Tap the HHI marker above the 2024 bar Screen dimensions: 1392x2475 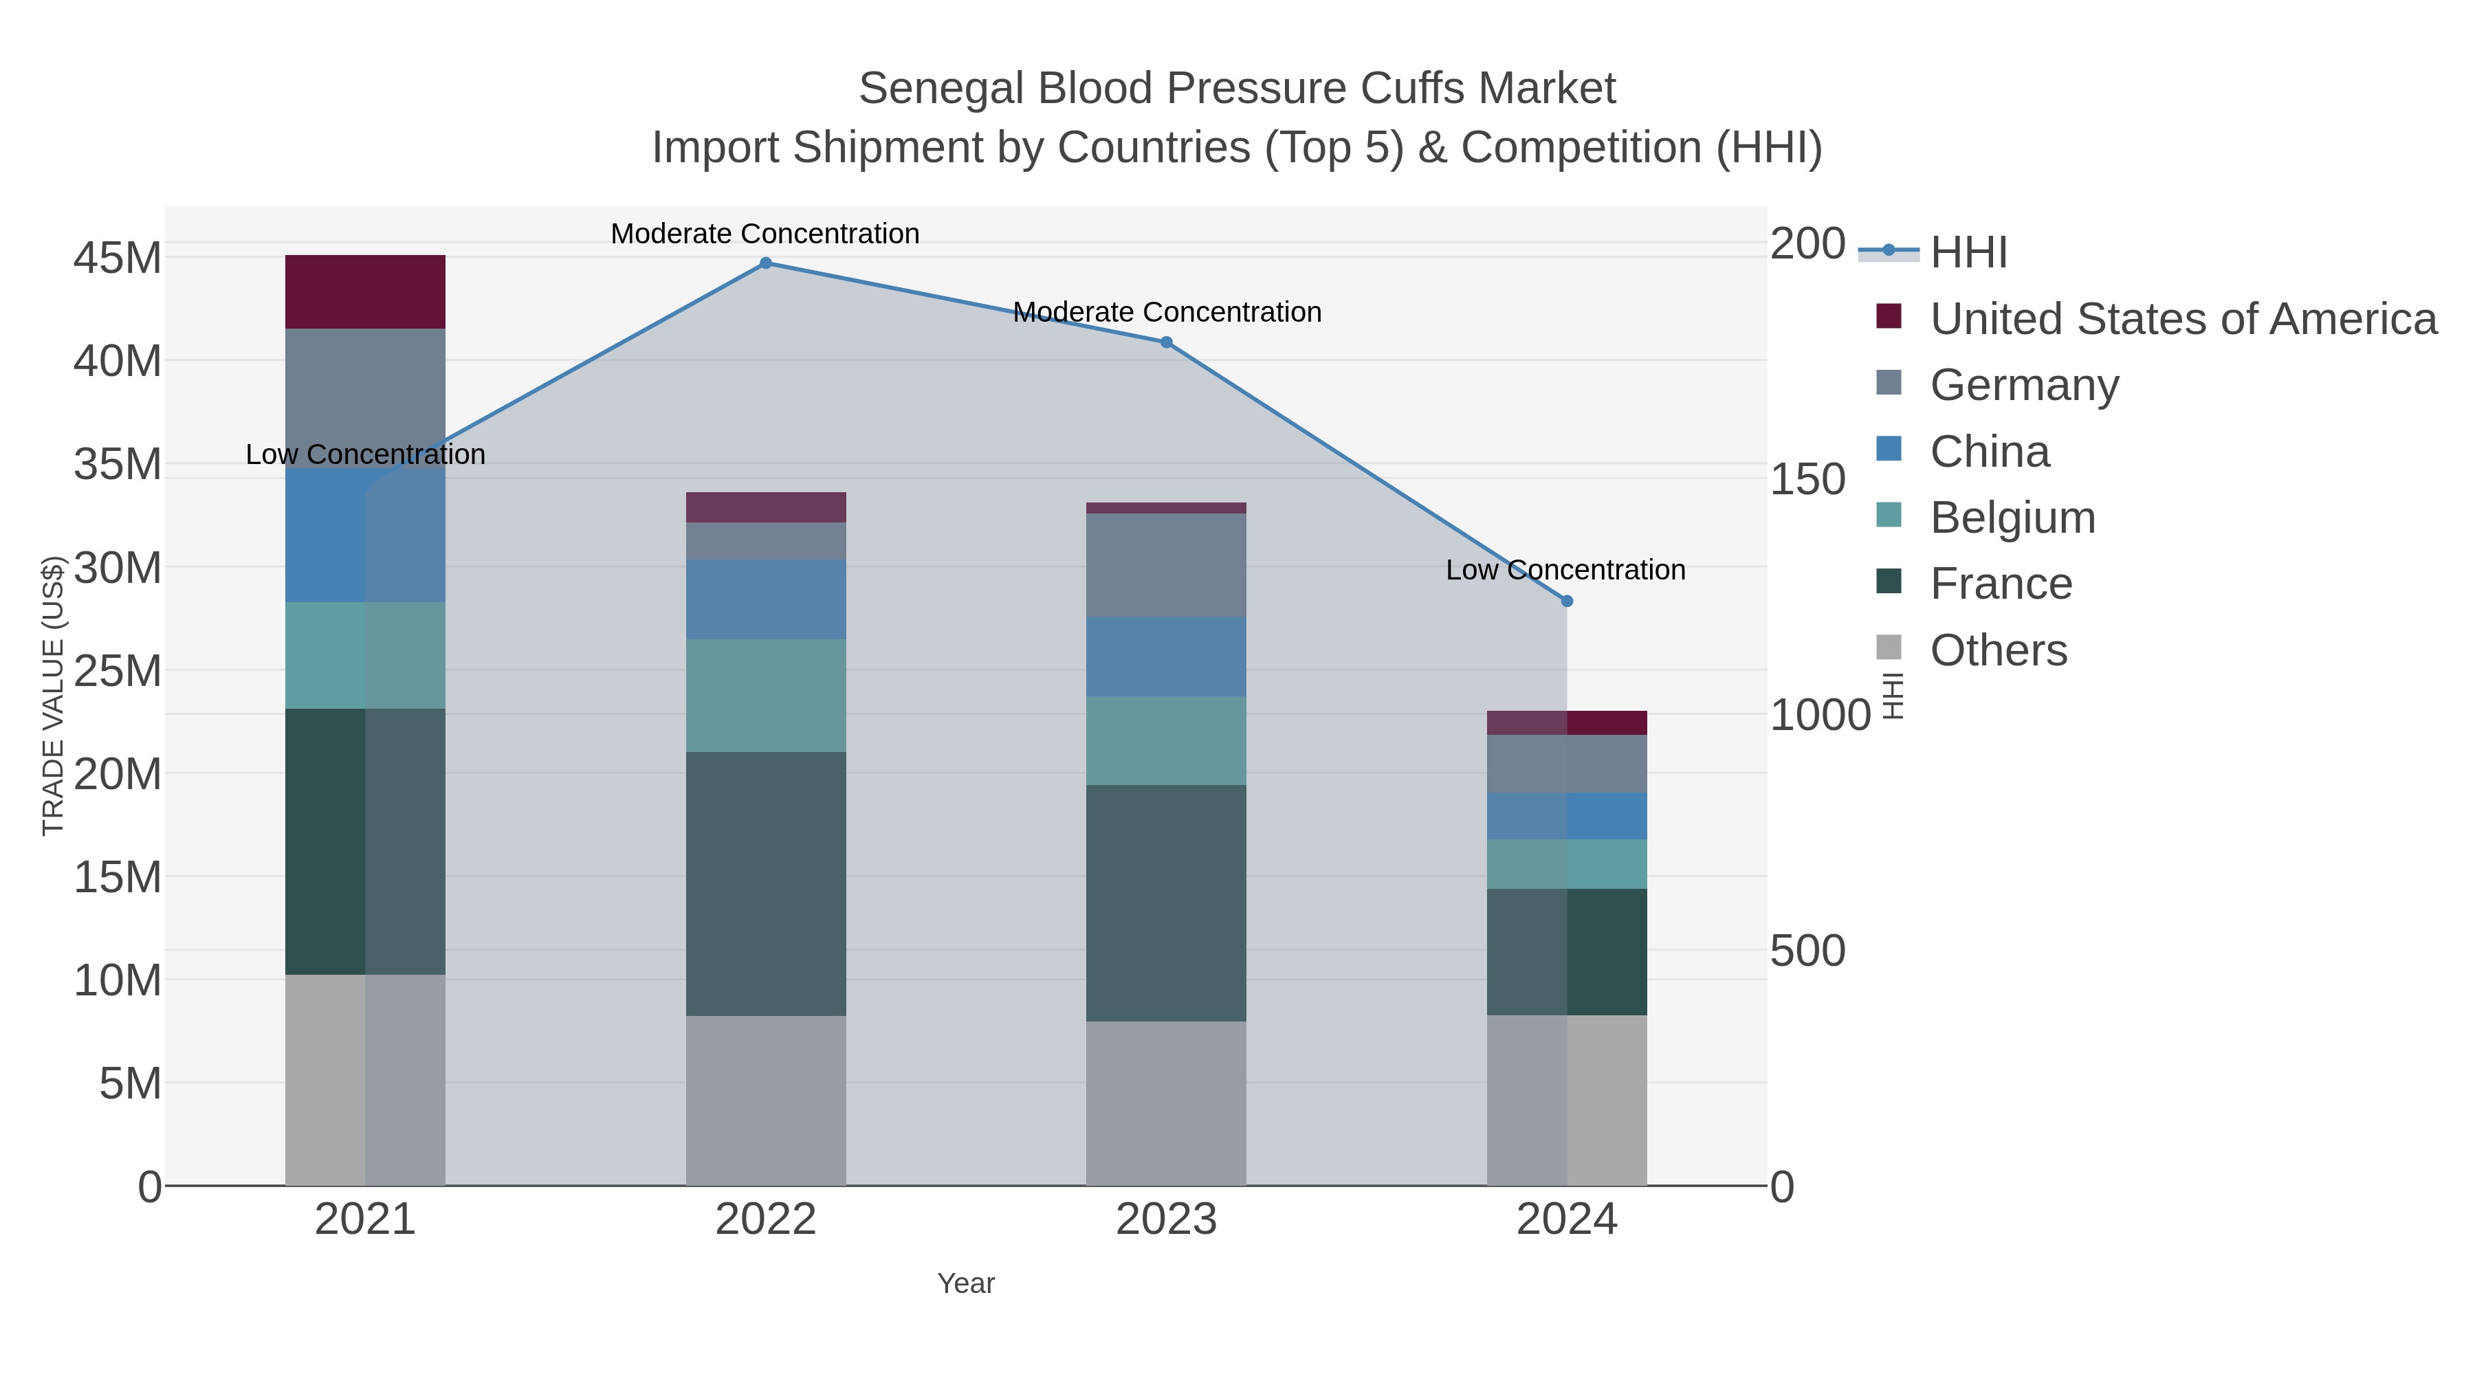click(1566, 600)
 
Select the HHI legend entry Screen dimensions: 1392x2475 click(1968, 252)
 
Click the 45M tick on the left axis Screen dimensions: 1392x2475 click(117, 258)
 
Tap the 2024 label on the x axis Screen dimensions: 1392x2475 click(1566, 1219)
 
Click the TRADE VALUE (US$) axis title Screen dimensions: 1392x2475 click(53, 696)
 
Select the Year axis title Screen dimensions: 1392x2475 click(966, 1283)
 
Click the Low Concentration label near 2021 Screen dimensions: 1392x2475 click(365, 454)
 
